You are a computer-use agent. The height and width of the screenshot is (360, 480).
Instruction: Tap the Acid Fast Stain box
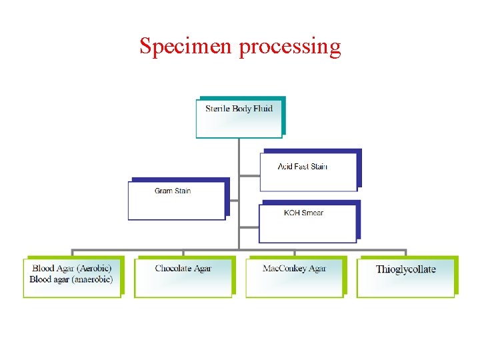pos(309,169)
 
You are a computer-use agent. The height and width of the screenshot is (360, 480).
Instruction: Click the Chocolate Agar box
pos(183,277)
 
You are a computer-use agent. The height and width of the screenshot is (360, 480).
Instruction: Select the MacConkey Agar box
pos(294,277)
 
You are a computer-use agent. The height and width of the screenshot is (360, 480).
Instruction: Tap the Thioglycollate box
pos(405,277)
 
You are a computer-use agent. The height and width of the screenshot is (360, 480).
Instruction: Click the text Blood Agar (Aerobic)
pos(72,269)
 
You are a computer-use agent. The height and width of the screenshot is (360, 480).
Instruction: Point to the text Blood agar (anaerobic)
pos(71,279)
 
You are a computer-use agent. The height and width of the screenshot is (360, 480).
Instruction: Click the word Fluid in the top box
pos(263,109)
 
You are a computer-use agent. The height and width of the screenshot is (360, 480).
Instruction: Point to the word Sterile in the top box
pos(217,109)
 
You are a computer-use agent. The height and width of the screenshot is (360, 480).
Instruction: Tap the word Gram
pos(164,191)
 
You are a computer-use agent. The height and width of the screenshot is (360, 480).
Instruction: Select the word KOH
pos(292,213)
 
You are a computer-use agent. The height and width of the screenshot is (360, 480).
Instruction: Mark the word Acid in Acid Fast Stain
pos(285,167)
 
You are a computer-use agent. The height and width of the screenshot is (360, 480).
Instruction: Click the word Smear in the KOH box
pos(313,213)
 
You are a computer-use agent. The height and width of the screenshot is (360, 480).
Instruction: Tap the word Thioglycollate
pos(405,269)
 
